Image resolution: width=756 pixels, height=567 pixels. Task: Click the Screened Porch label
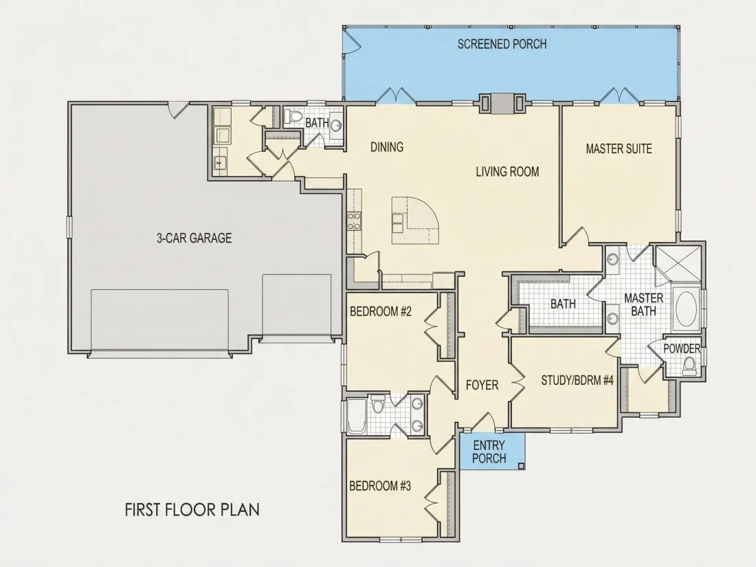click(502, 45)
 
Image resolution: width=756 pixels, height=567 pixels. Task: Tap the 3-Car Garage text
click(194, 238)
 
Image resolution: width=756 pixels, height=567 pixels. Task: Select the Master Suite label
click(619, 148)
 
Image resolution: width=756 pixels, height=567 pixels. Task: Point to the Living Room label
click(507, 172)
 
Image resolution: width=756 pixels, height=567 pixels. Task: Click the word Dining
click(387, 147)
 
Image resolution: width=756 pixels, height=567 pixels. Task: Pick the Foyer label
click(482, 386)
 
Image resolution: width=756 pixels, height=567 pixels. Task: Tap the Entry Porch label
click(489, 452)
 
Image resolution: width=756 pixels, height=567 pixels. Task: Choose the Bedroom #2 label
click(381, 311)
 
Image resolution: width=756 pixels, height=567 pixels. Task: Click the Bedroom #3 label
click(380, 485)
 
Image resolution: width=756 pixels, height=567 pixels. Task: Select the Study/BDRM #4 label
click(577, 381)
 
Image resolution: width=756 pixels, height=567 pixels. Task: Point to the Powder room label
click(682, 348)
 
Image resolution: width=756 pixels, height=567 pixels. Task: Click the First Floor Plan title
click(192, 510)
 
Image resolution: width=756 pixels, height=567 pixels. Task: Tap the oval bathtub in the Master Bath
click(687, 309)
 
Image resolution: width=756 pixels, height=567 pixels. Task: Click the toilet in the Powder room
click(690, 366)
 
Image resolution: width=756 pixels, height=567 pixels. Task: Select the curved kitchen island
click(415, 221)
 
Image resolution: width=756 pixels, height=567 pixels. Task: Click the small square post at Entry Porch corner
click(521, 466)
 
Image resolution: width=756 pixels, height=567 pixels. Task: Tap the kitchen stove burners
click(355, 221)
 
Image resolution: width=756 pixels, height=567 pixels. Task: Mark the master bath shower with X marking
click(678, 264)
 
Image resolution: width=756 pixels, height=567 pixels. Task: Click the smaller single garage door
click(296, 305)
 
